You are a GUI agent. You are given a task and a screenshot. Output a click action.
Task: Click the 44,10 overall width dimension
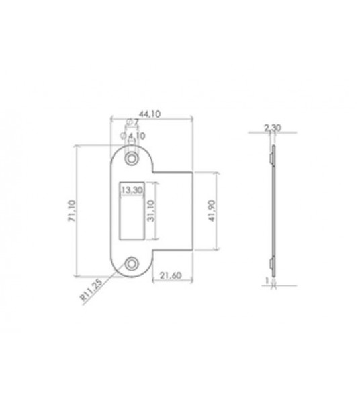click(151, 115)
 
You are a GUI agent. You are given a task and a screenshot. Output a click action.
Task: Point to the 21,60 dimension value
click(173, 274)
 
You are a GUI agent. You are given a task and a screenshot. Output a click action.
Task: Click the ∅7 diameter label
click(134, 123)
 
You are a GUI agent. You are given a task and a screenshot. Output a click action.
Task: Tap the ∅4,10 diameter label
click(135, 134)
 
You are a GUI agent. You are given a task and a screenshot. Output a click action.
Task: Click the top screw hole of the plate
click(130, 158)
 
